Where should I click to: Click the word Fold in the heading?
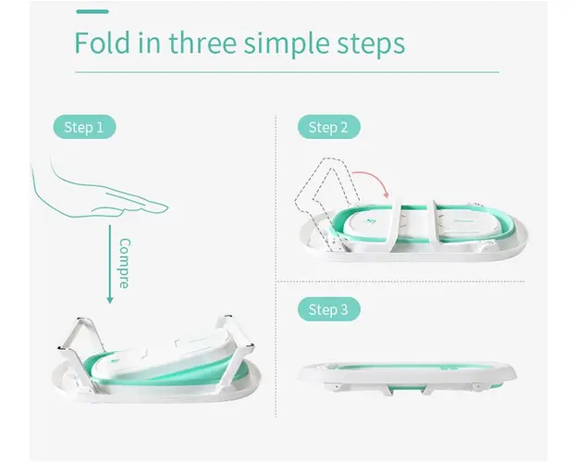[x=103, y=43]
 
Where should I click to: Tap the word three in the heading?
[x=203, y=43]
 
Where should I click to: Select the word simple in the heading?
[x=286, y=44]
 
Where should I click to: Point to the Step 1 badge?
[x=84, y=127]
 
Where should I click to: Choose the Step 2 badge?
[x=329, y=127]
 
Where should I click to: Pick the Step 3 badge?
[x=329, y=309]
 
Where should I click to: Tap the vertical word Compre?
[x=125, y=263]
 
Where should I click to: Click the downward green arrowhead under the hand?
[x=109, y=300]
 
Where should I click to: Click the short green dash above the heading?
[x=92, y=11]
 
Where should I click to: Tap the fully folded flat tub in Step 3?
[x=407, y=377]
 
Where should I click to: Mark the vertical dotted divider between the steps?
[x=276, y=266]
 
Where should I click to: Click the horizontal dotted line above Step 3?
[x=401, y=282]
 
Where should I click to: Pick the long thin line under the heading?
[x=288, y=72]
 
